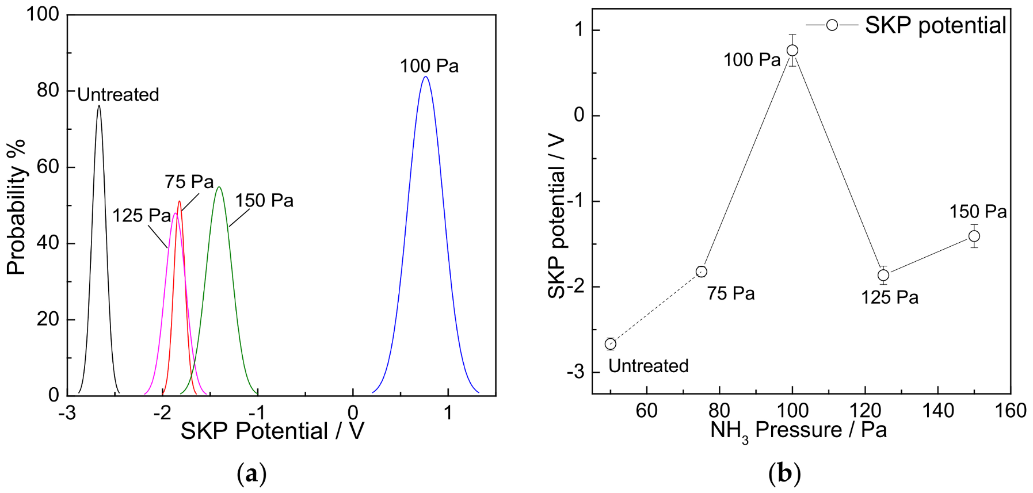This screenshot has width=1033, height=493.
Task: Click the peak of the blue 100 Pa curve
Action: pos(425,77)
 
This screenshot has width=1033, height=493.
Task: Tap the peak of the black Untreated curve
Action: pos(99,106)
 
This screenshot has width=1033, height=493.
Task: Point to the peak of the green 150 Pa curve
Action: pos(219,187)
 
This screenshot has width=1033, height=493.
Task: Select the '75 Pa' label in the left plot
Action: pos(189,182)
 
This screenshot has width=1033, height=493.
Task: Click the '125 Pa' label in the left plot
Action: pos(142,216)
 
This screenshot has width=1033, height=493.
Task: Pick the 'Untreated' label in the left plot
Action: pos(118,94)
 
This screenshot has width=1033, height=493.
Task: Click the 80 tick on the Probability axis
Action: pos(48,90)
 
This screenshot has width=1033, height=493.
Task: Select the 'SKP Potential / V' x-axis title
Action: pos(272,431)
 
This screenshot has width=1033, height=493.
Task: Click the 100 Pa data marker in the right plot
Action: pos(792,51)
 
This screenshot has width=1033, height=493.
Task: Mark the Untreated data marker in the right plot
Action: pos(611,344)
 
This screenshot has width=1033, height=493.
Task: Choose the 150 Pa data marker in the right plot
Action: pos(974,236)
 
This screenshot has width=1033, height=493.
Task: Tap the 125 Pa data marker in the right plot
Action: pos(883,275)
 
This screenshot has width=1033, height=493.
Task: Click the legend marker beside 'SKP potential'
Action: pos(832,25)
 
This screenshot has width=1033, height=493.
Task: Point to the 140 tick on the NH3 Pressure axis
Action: pos(938,410)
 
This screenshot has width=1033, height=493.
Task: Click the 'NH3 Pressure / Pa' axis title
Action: pos(798,430)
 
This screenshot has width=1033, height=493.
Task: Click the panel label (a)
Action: pos(251,475)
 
